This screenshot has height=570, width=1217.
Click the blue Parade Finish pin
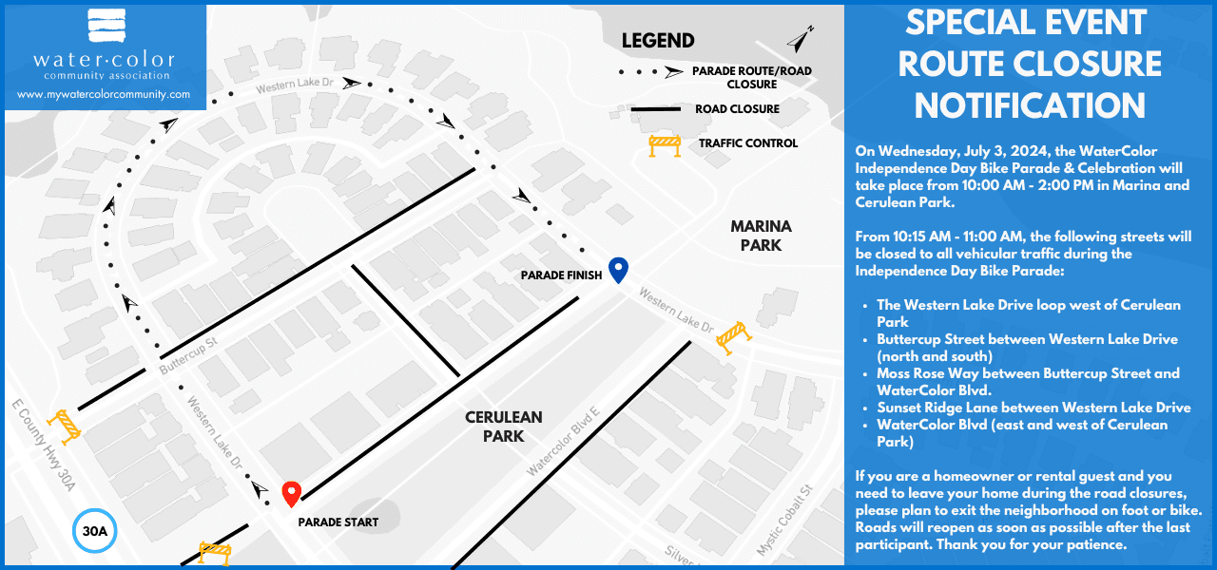point(618,270)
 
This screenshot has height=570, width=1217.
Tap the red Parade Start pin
point(292,494)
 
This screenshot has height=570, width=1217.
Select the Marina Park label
point(761,236)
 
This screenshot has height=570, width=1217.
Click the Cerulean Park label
point(504,427)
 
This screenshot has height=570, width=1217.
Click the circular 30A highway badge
point(94,532)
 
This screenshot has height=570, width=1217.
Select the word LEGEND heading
point(658,41)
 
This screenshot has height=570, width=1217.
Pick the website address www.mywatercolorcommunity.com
point(104,95)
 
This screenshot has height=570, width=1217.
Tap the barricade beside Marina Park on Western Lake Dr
point(734,335)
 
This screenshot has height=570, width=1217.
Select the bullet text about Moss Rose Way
point(1028,381)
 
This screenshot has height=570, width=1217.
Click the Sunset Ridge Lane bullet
point(1033,408)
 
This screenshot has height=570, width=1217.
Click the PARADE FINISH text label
point(561,275)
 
